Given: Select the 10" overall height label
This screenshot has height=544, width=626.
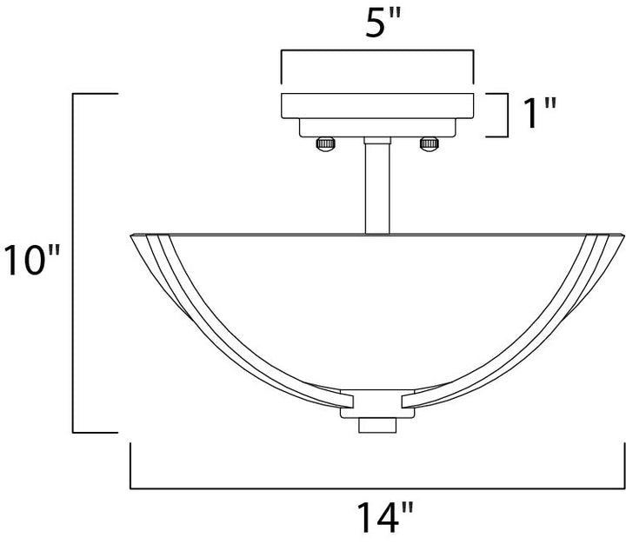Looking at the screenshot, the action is (x=32, y=260).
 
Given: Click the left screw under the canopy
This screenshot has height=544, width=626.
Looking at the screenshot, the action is (x=325, y=144).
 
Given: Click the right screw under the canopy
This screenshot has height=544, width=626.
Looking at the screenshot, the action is (x=430, y=144).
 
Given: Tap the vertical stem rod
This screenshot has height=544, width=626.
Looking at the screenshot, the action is (x=377, y=189).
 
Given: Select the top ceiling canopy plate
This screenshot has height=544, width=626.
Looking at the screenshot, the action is (x=377, y=106).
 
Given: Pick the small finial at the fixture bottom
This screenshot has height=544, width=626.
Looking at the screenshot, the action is (x=377, y=426).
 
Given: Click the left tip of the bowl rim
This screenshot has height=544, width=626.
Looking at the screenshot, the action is (x=131, y=236).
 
